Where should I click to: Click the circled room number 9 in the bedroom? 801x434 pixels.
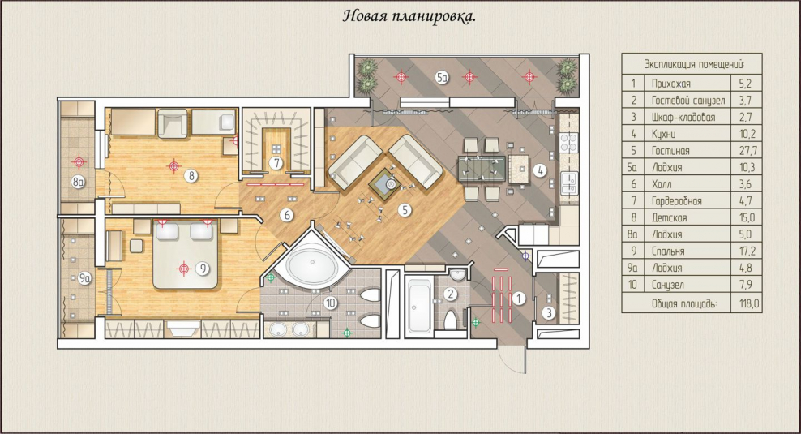coord(203,268)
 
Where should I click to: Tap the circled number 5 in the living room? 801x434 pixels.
coord(405,209)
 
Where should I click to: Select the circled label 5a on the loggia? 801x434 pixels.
coord(443,78)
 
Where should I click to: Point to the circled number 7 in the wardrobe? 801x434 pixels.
coord(276,163)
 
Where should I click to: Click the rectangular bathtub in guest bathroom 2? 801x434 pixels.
coord(419,306)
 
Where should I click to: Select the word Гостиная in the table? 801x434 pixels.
coord(670,151)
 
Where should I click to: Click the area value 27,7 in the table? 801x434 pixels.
coord(747,151)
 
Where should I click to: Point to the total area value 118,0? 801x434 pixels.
coord(749,303)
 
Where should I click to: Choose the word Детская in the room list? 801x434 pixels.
coord(669,217)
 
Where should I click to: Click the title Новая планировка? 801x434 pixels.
coord(409,16)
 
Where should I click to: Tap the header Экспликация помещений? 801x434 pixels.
coord(694,64)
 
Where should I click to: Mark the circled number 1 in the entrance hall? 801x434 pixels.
coord(519,298)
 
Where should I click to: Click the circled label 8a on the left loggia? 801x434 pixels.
coord(78,181)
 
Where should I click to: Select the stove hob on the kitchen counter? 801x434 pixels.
coord(568,142)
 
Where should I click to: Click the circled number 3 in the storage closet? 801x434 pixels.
coord(549,312)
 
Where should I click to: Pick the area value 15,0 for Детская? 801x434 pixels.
coord(747,217)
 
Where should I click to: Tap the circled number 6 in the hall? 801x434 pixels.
coord(286,215)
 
